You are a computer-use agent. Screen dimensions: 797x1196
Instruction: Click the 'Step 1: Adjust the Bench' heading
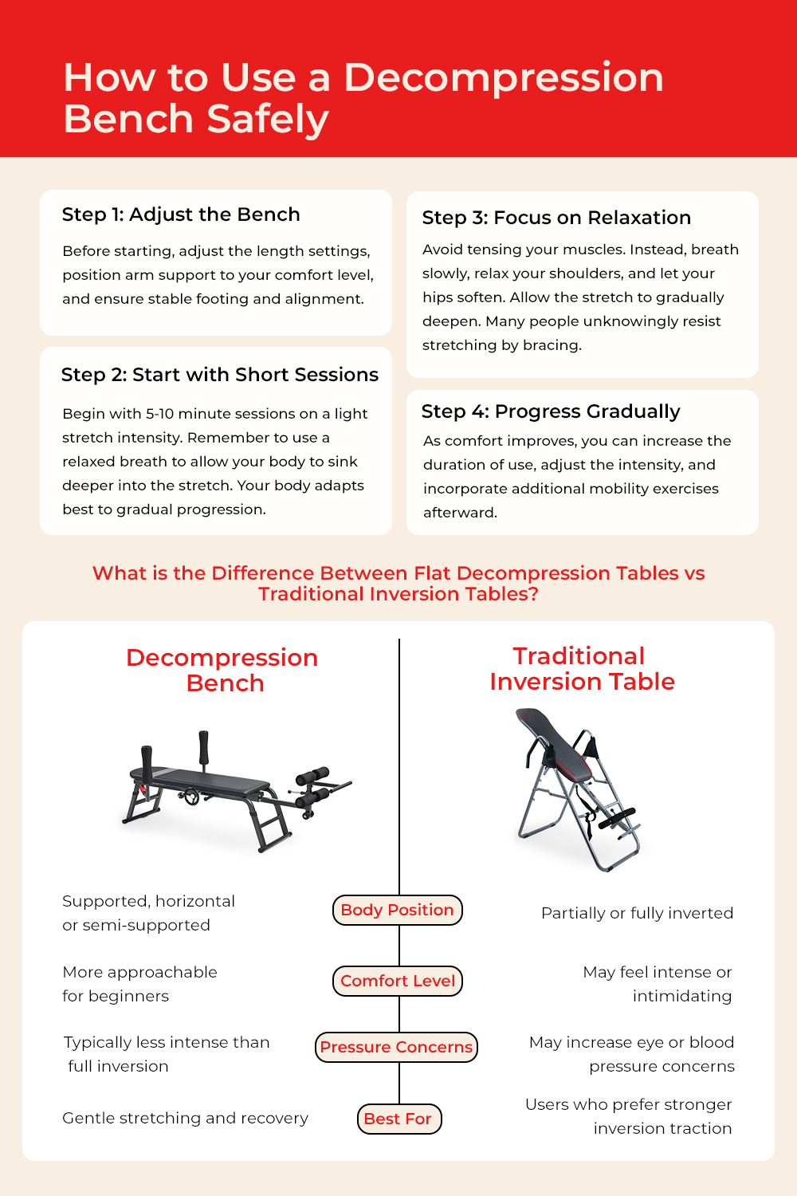181,214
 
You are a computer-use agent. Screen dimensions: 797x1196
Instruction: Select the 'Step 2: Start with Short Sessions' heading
219,375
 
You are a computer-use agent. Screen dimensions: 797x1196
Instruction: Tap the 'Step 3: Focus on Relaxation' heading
556,218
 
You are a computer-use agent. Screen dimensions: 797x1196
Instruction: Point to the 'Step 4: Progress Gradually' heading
551,411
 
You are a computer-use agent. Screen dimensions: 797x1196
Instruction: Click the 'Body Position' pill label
397,910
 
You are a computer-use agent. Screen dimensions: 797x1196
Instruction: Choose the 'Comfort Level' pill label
398,981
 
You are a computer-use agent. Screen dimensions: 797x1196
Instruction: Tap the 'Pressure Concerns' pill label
396,1047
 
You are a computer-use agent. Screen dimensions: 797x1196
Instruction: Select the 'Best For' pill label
399,1119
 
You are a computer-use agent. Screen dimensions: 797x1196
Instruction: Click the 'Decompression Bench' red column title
222,670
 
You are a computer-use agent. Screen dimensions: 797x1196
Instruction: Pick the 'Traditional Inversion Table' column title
582,668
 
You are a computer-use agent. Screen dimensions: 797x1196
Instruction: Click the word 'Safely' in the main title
268,119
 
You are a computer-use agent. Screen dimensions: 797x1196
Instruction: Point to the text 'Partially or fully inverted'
637,913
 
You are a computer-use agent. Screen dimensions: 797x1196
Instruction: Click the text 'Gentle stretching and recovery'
185,1118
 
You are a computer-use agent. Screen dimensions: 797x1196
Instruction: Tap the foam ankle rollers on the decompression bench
312,786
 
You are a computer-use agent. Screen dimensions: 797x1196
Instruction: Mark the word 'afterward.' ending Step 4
460,513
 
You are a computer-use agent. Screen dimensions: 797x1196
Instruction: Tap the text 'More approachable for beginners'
139,984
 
